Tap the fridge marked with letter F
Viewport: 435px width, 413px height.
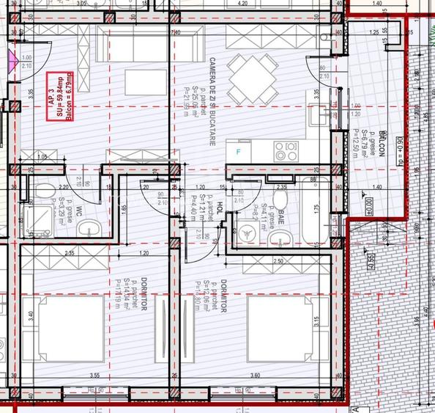point(238,152)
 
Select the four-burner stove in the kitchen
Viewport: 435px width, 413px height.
point(286,152)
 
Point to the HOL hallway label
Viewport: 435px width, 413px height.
point(218,211)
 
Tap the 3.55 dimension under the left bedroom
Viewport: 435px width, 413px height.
point(94,376)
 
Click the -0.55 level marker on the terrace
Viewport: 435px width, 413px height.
point(371,261)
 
